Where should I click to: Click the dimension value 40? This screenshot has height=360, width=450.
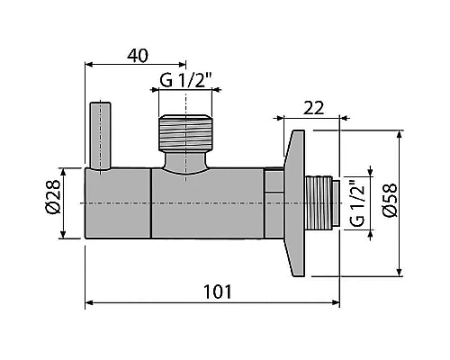[x=138, y=56]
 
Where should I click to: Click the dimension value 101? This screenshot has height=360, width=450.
[x=218, y=292]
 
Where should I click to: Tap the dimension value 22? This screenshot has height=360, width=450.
[x=314, y=108]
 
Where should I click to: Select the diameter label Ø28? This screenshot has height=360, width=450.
[x=54, y=197]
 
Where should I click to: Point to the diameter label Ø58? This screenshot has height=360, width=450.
[x=390, y=200]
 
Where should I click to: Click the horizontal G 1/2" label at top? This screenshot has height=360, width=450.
[x=185, y=80]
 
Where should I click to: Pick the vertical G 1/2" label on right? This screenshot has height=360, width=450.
[x=357, y=203]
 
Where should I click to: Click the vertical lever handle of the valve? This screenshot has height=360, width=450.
[x=101, y=137]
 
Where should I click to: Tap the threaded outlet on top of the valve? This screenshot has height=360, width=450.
[x=185, y=133]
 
